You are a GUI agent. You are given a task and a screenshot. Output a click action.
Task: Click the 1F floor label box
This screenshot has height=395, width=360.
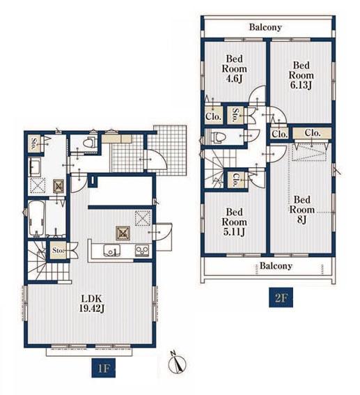[x=103, y=368]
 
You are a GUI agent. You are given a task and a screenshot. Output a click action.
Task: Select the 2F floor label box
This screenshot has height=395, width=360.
[x=281, y=297]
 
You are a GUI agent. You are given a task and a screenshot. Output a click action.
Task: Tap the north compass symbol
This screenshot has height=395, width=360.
[x=178, y=362]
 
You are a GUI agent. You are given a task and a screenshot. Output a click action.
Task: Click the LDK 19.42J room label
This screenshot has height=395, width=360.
[x=91, y=303]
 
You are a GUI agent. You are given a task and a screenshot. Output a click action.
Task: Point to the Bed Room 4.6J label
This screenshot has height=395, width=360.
[x=234, y=69]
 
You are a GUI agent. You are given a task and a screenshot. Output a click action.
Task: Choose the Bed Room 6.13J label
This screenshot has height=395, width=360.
[x=301, y=75]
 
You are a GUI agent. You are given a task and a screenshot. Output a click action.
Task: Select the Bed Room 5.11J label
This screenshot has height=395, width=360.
[x=234, y=222]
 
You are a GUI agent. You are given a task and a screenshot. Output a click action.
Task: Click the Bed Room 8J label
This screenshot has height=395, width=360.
[x=302, y=210]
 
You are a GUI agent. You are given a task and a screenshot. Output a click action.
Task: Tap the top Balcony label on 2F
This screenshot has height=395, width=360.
[x=265, y=27]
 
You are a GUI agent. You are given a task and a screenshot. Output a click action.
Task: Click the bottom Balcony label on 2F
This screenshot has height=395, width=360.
[x=276, y=265]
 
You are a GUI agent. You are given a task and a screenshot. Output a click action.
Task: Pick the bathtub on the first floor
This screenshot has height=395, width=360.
[x=37, y=219]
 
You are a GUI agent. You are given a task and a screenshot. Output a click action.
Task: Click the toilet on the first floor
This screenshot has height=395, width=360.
[x=88, y=143]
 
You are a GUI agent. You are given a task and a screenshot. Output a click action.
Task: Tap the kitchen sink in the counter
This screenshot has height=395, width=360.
[x=112, y=250]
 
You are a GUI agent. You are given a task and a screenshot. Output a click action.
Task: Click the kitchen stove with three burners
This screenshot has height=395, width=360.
[x=142, y=250]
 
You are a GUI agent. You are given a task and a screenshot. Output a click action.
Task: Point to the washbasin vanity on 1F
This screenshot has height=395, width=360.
[x=35, y=167]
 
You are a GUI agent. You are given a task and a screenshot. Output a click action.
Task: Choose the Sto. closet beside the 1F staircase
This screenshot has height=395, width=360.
[x=58, y=250]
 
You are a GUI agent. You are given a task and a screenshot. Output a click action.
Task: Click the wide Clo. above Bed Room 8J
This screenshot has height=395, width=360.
[x=312, y=133]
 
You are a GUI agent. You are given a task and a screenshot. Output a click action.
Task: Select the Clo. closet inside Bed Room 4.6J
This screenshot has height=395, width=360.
[x=214, y=116]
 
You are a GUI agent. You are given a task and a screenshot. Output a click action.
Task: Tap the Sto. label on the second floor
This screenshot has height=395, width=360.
[x=235, y=115]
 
